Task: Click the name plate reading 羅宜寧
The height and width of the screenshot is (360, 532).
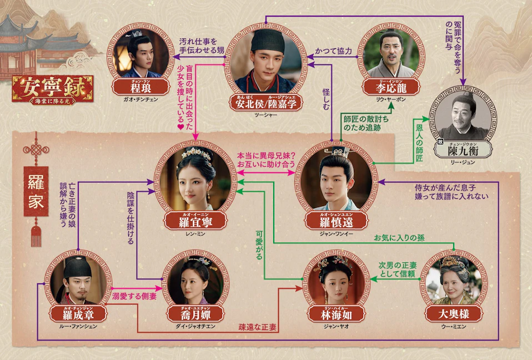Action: tap(195, 221)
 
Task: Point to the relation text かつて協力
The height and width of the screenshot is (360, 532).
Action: tap(334, 51)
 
